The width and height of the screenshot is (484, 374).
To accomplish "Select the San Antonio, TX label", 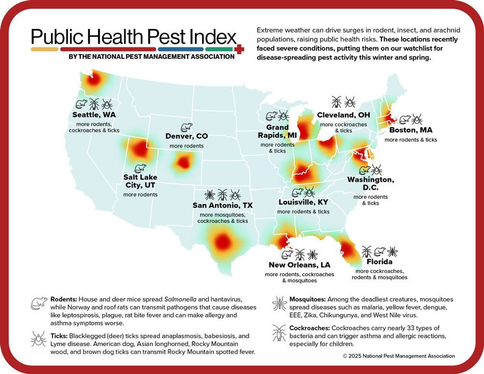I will [x=223, y=205].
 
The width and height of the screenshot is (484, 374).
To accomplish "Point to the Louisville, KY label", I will [x=303, y=202].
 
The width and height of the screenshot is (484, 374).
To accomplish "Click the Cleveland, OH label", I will [x=344, y=115].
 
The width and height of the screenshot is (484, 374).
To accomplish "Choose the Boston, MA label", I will [x=410, y=130].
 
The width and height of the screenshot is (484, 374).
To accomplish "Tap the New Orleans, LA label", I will [x=300, y=265].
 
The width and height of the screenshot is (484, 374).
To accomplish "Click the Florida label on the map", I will [x=379, y=262].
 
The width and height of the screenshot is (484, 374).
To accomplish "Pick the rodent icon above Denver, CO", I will [x=186, y=127].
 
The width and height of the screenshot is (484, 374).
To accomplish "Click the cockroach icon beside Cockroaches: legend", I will [x=278, y=332].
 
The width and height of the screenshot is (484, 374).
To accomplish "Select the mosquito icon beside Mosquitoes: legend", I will [x=279, y=304].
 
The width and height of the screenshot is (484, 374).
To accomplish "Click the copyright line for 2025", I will [x=399, y=356].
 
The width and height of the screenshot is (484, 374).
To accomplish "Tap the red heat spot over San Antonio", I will [x=222, y=240].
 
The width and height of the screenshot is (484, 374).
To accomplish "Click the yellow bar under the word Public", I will [x=45, y=49].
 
